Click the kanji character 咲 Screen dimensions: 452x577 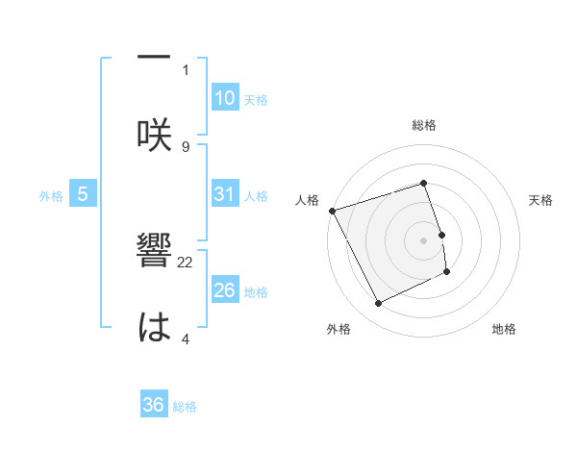(x=154, y=133)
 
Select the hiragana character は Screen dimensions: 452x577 (x=154, y=327)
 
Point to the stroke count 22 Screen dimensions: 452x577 (x=186, y=262)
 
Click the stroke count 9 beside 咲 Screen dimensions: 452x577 (x=186, y=146)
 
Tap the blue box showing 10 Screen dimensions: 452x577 (x=224, y=97)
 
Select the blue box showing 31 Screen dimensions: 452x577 (x=224, y=193)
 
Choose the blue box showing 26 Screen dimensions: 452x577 (x=224, y=289)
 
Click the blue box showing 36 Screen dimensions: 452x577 (x=154, y=405)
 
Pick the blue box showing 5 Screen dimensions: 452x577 (x=83, y=193)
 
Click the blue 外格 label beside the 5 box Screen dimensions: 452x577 (x=51, y=195)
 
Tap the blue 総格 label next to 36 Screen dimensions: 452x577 (x=185, y=407)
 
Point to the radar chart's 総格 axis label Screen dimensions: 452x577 (x=424, y=125)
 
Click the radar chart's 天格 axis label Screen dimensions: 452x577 (x=541, y=200)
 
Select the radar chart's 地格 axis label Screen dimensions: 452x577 (x=504, y=329)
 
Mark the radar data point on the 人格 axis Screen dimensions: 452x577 (x=332, y=211)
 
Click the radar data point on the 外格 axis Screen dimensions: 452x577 (x=378, y=304)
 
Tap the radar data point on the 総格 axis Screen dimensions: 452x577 (x=424, y=183)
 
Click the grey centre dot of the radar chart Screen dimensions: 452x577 (x=424, y=239)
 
